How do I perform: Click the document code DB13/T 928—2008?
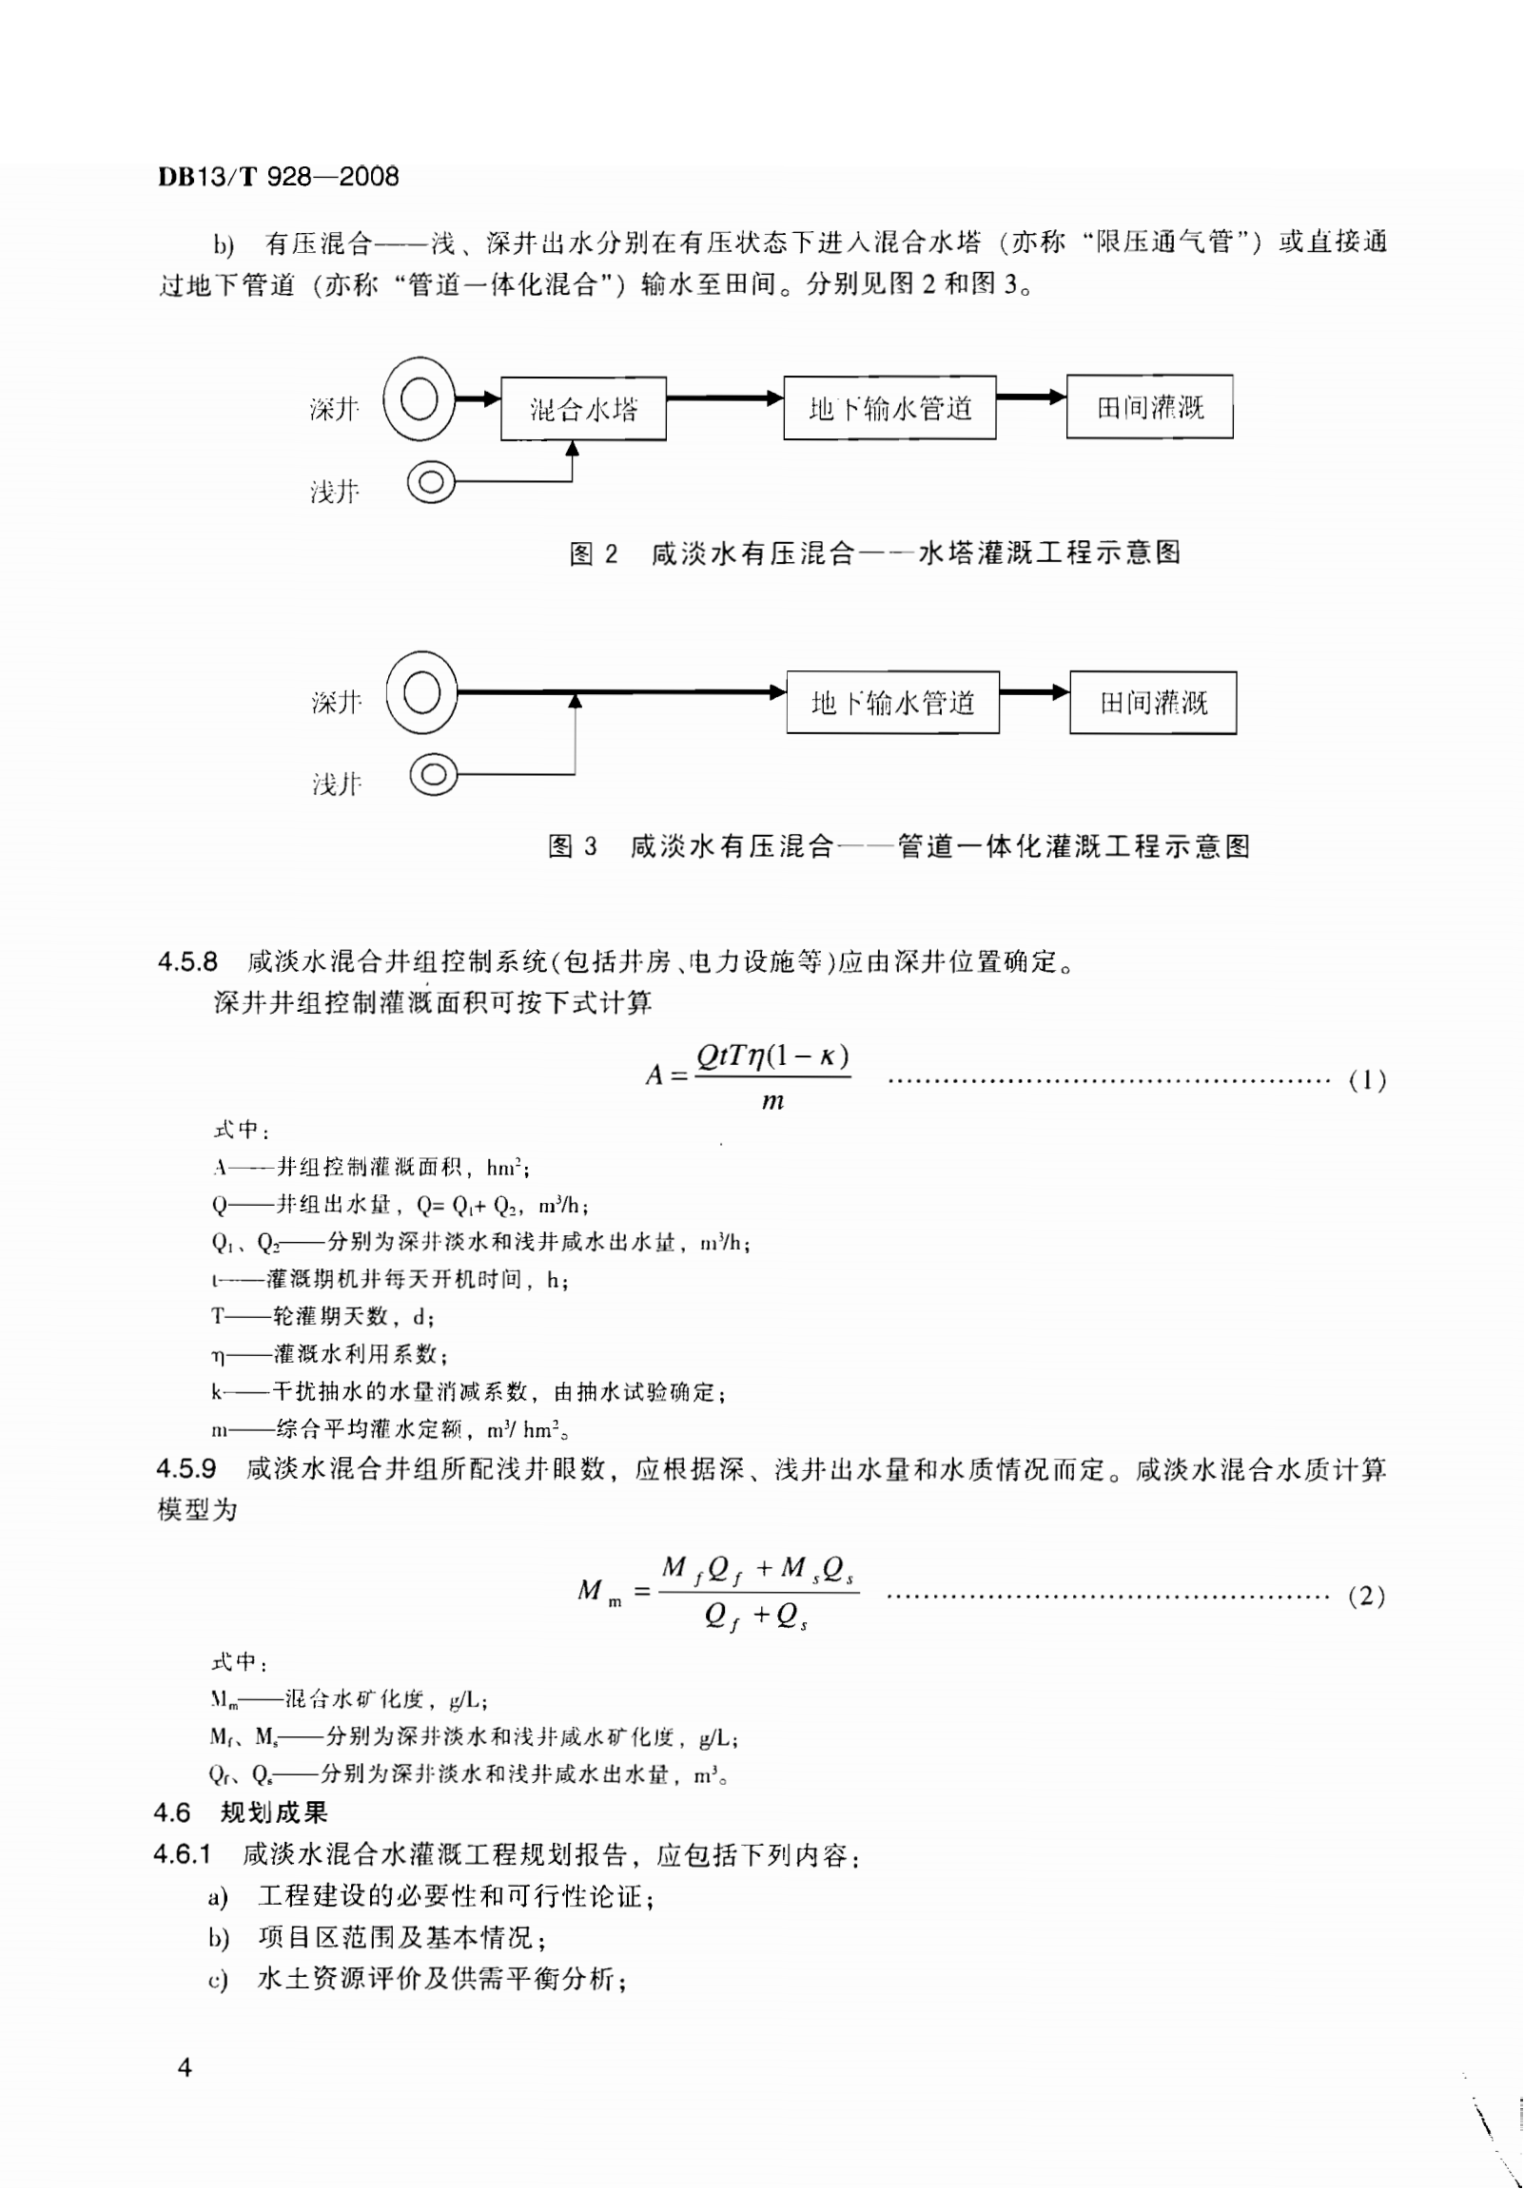point(279,176)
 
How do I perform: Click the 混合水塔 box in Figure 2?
point(583,409)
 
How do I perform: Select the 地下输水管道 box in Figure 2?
point(889,408)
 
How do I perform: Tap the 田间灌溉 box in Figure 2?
point(1149,407)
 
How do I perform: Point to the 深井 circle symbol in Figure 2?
point(420,398)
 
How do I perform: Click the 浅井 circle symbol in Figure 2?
point(431,481)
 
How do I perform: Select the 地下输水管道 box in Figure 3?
point(892,703)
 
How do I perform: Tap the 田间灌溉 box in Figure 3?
point(1153,703)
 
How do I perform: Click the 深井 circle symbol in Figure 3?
point(422,693)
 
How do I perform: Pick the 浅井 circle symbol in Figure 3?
point(434,774)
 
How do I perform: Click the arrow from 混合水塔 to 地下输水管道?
point(725,397)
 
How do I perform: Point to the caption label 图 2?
point(594,554)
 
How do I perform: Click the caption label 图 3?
point(573,845)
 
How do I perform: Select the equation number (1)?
point(1367,1080)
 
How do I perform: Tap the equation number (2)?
point(1366,1596)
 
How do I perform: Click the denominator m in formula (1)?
point(772,1101)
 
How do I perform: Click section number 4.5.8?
point(186,962)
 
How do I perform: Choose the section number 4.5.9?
point(186,1469)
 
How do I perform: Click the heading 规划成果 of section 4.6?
point(275,1812)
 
